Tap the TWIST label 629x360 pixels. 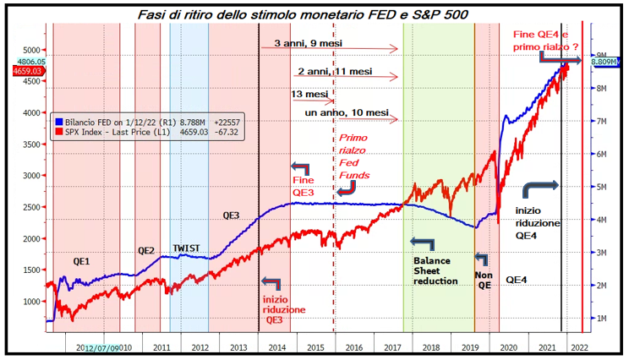click(x=187, y=248)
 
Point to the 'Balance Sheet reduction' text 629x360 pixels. click(x=435, y=270)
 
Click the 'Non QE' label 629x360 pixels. click(x=483, y=279)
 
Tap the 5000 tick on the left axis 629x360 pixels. click(x=30, y=50)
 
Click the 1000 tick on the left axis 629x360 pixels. click(x=30, y=301)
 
